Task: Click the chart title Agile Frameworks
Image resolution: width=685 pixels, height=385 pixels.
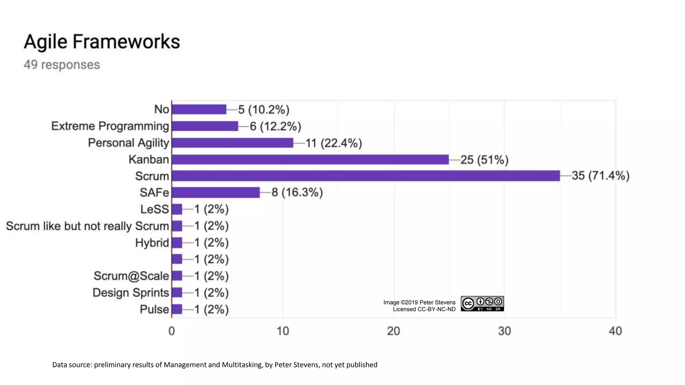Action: tap(102, 42)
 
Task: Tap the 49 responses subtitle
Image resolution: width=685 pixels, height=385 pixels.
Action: tap(62, 65)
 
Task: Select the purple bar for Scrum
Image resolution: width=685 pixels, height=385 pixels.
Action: tap(366, 176)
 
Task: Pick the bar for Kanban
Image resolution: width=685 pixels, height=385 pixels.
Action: tap(310, 159)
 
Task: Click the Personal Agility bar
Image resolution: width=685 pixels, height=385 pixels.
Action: tap(232, 143)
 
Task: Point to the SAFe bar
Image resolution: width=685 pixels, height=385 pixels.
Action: tap(216, 192)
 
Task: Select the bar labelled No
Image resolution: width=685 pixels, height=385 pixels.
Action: tap(199, 109)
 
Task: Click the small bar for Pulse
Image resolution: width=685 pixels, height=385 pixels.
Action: tap(177, 309)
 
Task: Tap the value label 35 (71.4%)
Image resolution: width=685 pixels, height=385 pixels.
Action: tap(600, 175)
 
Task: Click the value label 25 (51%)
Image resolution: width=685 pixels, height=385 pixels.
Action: tap(484, 160)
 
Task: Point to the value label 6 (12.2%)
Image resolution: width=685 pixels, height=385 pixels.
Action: tap(275, 126)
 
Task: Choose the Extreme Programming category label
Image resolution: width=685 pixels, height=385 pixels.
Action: tap(110, 126)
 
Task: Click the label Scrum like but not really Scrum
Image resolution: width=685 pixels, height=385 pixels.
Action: tap(87, 226)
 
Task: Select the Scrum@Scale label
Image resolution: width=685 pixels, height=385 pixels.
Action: tap(131, 276)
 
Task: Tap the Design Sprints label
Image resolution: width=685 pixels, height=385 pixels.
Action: tap(130, 293)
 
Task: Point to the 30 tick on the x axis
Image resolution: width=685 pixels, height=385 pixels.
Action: tap(504, 331)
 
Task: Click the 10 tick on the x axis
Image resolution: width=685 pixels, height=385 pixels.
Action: tap(283, 331)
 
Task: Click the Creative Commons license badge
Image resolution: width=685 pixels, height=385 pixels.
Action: tap(482, 304)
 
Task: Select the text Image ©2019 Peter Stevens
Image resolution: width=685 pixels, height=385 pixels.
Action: tap(419, 302)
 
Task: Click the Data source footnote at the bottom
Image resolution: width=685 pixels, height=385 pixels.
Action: tap(214, 365)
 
